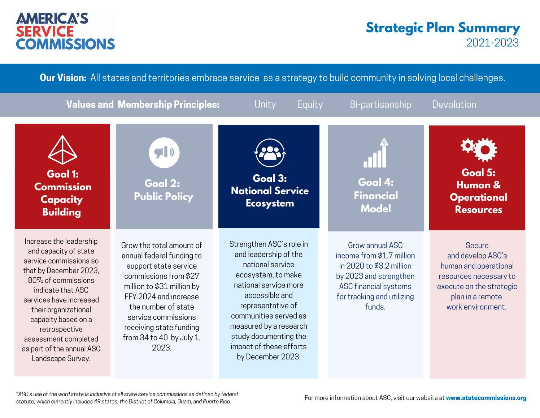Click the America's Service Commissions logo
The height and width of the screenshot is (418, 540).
click(x=65, y=31)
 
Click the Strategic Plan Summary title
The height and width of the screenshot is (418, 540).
click(x=443, y=28)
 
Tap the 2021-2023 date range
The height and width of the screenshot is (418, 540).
click(x=492, y=43)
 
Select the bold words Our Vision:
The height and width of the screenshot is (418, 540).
click(x=63, y=78)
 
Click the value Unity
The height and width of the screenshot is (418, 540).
click(x=265, y=104)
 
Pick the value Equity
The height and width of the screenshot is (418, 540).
click(x=310, y=104)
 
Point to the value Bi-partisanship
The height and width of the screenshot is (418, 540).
click(x=380, y=104)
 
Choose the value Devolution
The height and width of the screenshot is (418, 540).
click(x=454, y=104)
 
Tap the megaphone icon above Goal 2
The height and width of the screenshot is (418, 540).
click(x=164, y=153)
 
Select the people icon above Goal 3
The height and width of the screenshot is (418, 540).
click(x=270, y=153)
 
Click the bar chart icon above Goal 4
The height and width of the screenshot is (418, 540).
click(x=376, y=153)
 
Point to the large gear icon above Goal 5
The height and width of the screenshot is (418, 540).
click(x=485, y=149)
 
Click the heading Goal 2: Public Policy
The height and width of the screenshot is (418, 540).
click(x=163, y=190)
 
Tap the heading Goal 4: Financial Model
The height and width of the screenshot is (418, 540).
click(x=376, y=195)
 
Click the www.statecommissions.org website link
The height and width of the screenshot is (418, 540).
click(x=486, y=398)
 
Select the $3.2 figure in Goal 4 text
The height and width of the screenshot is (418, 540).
click(x=383, y=266)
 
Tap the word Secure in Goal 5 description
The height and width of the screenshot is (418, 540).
click(x=477, y=245)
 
